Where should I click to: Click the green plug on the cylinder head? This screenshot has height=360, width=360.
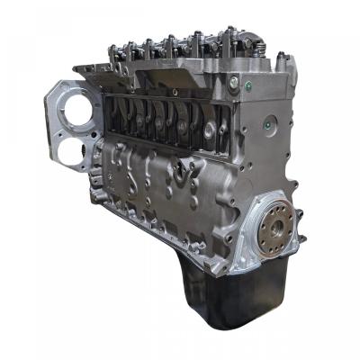click(234, 83)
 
